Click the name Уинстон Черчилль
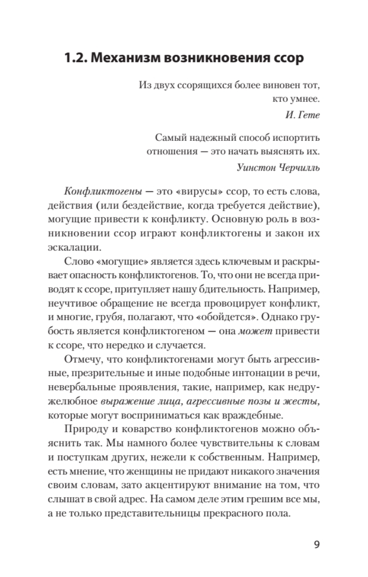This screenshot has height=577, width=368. (x=279, y=167)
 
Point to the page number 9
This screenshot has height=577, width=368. (x=316, y=545)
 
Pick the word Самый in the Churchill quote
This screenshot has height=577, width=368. (x=170, y=138)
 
